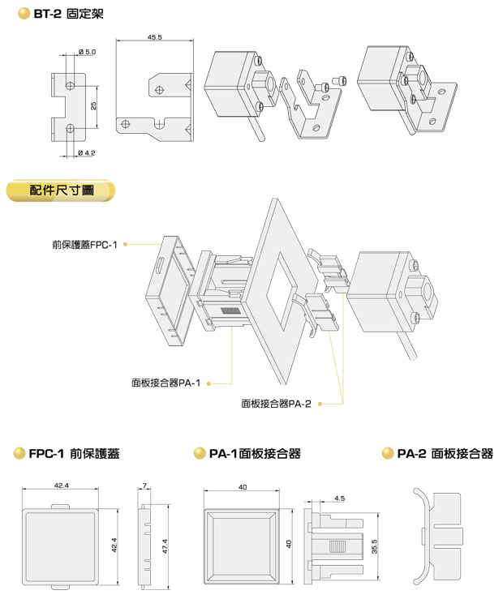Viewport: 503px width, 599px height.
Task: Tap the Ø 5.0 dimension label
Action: pos(88,52)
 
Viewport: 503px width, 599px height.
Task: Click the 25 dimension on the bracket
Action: pos(94,106)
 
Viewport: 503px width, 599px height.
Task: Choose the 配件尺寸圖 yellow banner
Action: pos(61,190)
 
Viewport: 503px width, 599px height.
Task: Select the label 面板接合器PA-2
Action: pos(277,402)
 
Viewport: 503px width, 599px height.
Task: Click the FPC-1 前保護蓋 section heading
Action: pos(74,455)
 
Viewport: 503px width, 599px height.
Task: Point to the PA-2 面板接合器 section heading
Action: pos(445,455)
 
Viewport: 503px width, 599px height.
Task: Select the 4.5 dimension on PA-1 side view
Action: pos(339,498)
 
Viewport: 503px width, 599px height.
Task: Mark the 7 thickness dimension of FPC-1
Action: pos(144,486)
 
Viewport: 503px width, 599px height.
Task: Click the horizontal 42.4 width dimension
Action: pos(61,486)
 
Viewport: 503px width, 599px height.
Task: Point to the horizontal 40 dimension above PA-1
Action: pos(243,487)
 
